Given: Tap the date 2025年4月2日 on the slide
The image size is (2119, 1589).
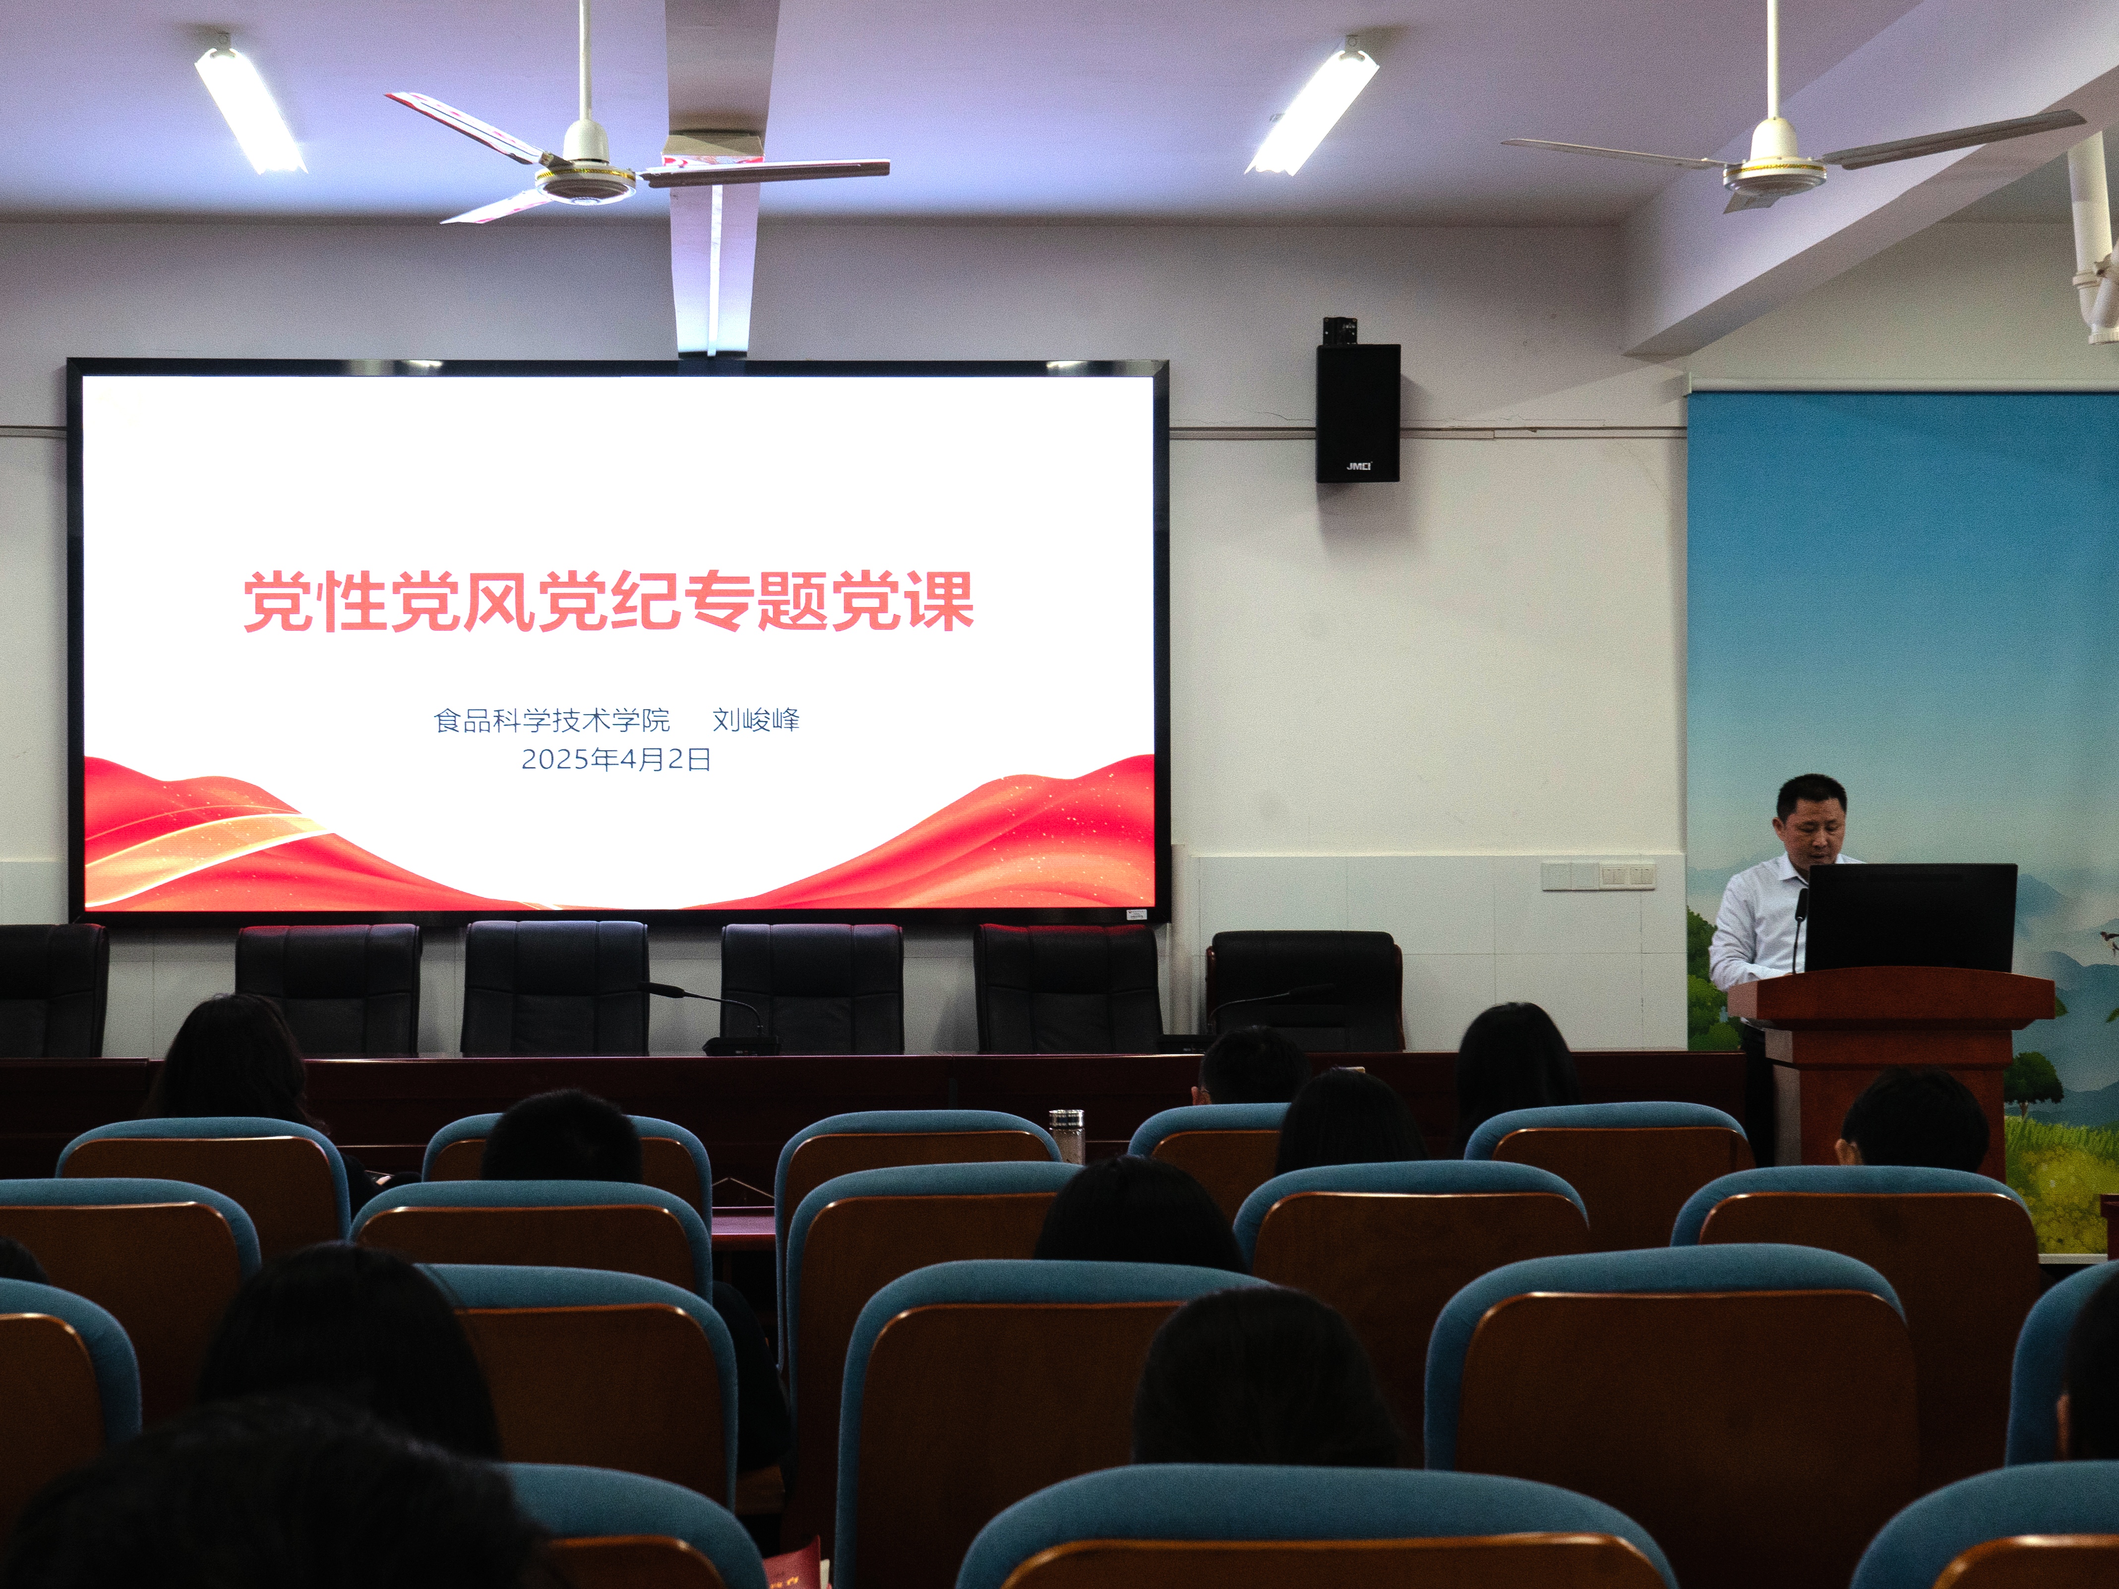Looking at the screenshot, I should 616,760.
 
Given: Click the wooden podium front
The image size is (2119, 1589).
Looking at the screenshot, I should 1887,1082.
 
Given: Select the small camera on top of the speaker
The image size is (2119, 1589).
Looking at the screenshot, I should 1339,330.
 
